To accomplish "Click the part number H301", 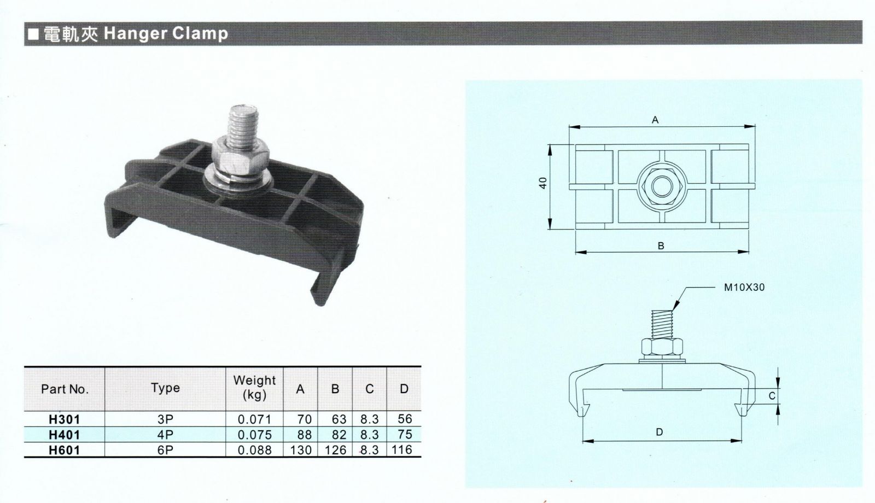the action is (x=64, y=419).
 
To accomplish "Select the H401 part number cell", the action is (x=64, y=435).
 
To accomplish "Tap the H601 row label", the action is (x=64, y=451).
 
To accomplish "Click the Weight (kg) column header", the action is (x=254, y=388).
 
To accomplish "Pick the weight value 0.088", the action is (x=255, y=451).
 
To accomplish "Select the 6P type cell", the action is (x=165, y=451).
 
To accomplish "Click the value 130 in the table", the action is (x=301, y=451).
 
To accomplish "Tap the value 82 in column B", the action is (x=339, y=435).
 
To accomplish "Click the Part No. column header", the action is (x=65, y=389).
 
